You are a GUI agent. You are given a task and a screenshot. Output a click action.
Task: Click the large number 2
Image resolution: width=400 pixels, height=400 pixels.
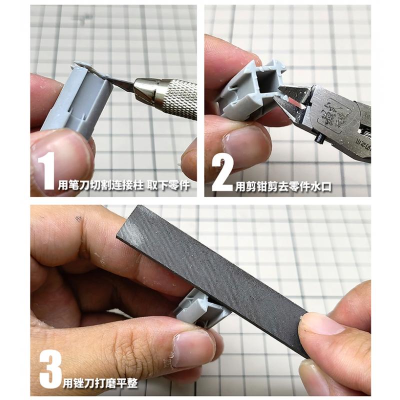point(222,173)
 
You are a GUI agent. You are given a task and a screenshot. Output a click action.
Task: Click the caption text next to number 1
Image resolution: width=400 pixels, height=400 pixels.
point(124,185)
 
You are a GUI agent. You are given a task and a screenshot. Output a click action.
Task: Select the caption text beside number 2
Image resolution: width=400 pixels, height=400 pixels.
point(283,186)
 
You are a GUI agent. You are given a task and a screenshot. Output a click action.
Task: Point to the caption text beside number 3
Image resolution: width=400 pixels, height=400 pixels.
point(100,383)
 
